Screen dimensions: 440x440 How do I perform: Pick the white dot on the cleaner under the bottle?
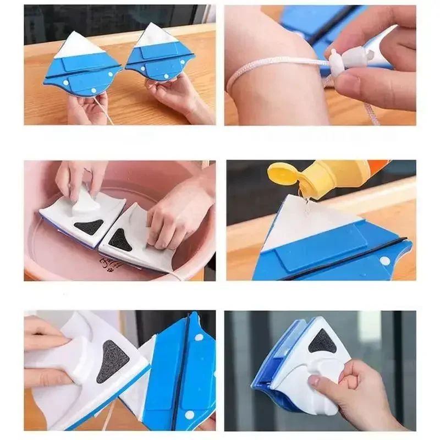(384, 260)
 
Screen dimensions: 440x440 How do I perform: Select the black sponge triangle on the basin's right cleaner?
(122, 239)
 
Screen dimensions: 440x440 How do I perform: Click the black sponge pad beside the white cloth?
(113, 361)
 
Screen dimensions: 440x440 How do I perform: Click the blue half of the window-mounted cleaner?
(272, 363)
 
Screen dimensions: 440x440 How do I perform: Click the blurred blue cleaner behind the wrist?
(308, 22)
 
